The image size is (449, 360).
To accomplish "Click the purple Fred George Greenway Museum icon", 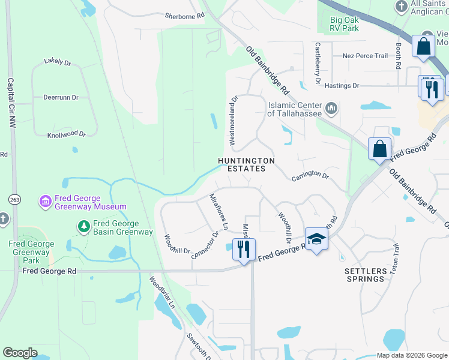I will [x=45, y=202].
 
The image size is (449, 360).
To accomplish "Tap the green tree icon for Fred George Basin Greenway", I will [x=84, y=226].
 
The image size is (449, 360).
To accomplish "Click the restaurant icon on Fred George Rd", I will [x=244, y=249].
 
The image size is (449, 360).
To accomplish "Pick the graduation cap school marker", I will [x=316, y=239].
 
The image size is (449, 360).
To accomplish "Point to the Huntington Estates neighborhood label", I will [x=246, y=165].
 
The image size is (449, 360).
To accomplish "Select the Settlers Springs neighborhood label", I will [x=365, y=275].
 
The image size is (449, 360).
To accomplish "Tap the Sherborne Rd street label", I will [x=185, y=17].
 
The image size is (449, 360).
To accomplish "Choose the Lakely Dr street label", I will [x=58, y=61].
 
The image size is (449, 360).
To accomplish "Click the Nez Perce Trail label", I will [x=365, y=56].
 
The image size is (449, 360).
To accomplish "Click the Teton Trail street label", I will [x=395, y=259].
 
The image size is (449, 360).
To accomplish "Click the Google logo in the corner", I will [x=20, y=353].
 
